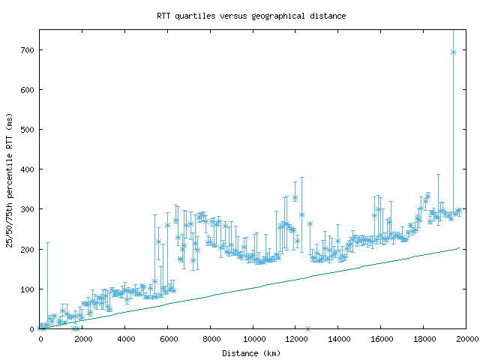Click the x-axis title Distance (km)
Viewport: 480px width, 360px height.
(251, 352)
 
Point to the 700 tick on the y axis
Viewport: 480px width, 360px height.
(28, 50)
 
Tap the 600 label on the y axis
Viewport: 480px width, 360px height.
(28, 90)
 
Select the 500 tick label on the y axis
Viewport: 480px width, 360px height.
(28, 130)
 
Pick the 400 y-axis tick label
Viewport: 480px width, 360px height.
(28, 169)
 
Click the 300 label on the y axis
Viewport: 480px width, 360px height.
(28, 209)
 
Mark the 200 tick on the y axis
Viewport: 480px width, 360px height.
(28, 249)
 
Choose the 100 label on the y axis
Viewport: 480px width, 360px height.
(28, 289)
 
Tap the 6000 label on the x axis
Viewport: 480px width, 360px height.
(168, 339)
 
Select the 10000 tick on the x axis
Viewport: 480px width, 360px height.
(253, 339)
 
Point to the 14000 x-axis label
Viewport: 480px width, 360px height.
(338, 339)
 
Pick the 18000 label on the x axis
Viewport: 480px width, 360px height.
(423, 339)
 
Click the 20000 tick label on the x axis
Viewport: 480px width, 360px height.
(466, 339)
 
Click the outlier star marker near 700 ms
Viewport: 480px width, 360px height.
(453, 52)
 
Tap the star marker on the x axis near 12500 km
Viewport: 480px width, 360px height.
(307, 328)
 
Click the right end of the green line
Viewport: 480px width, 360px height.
(458, 247)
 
